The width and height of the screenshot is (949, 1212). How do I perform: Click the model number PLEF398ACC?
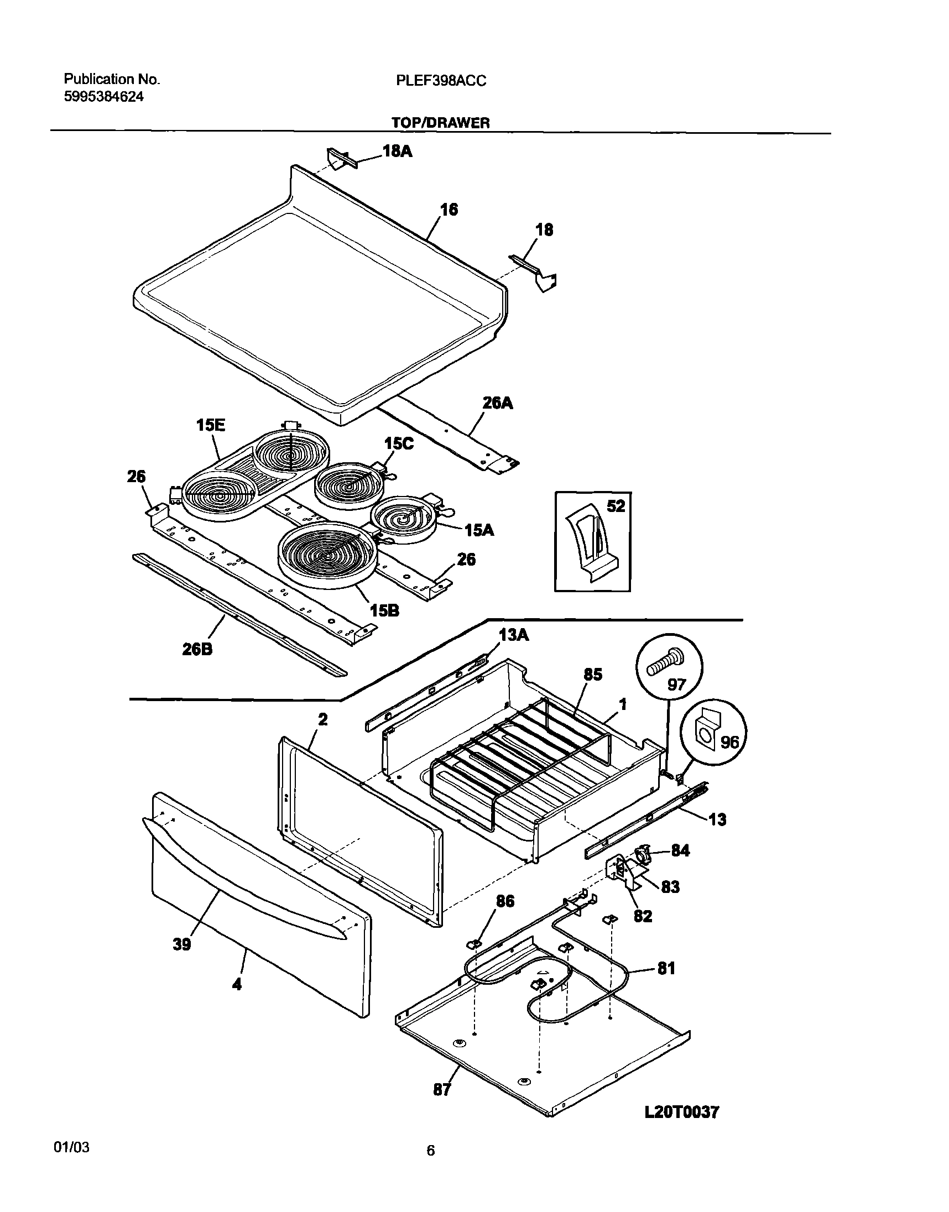[441, 81]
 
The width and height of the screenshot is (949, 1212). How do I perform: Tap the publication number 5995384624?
[104, 97]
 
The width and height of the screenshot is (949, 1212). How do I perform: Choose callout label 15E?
[211, 426]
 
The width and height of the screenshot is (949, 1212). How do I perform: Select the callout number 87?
[442, 1090]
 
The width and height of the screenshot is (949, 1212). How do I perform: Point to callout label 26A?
[497, 403]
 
